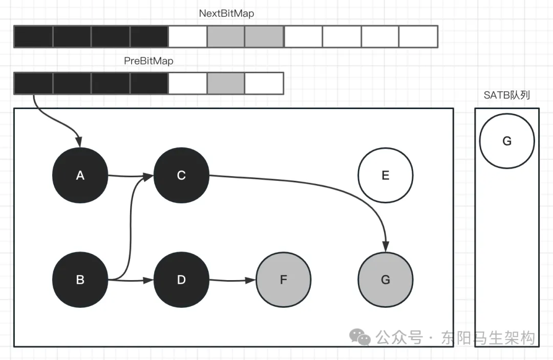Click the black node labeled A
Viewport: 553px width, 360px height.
tap(80, 175)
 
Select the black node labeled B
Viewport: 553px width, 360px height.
tap(80, 280)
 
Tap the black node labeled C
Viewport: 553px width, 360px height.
tap(181, 175)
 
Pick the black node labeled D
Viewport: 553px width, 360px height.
tap(181, 280)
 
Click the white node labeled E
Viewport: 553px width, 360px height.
tap(386, 175)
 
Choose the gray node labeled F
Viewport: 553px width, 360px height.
tap(284, 280)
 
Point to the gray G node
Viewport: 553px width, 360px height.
tap(386, 280)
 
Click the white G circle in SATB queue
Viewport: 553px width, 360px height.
tap(507, 141)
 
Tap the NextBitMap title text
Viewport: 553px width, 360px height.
tap(226, 13)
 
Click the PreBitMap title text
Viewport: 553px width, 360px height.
tap(148, 60)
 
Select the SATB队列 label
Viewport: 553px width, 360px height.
tap(507, 95)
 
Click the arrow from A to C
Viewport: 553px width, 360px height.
tap(131, 176)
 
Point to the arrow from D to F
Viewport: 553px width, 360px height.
tap(232, 281)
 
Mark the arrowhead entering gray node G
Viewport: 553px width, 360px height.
tap(386, 246)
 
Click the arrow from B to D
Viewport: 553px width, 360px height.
tap(131, 280)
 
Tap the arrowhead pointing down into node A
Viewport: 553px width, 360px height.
tap(79, 142)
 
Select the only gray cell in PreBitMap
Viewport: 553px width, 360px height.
tap(226, 83)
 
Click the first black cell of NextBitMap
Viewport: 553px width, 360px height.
tap(33, 36)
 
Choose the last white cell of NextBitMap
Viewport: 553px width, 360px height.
tap(418, 36)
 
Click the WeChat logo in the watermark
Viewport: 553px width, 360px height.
tap(360, 337)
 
